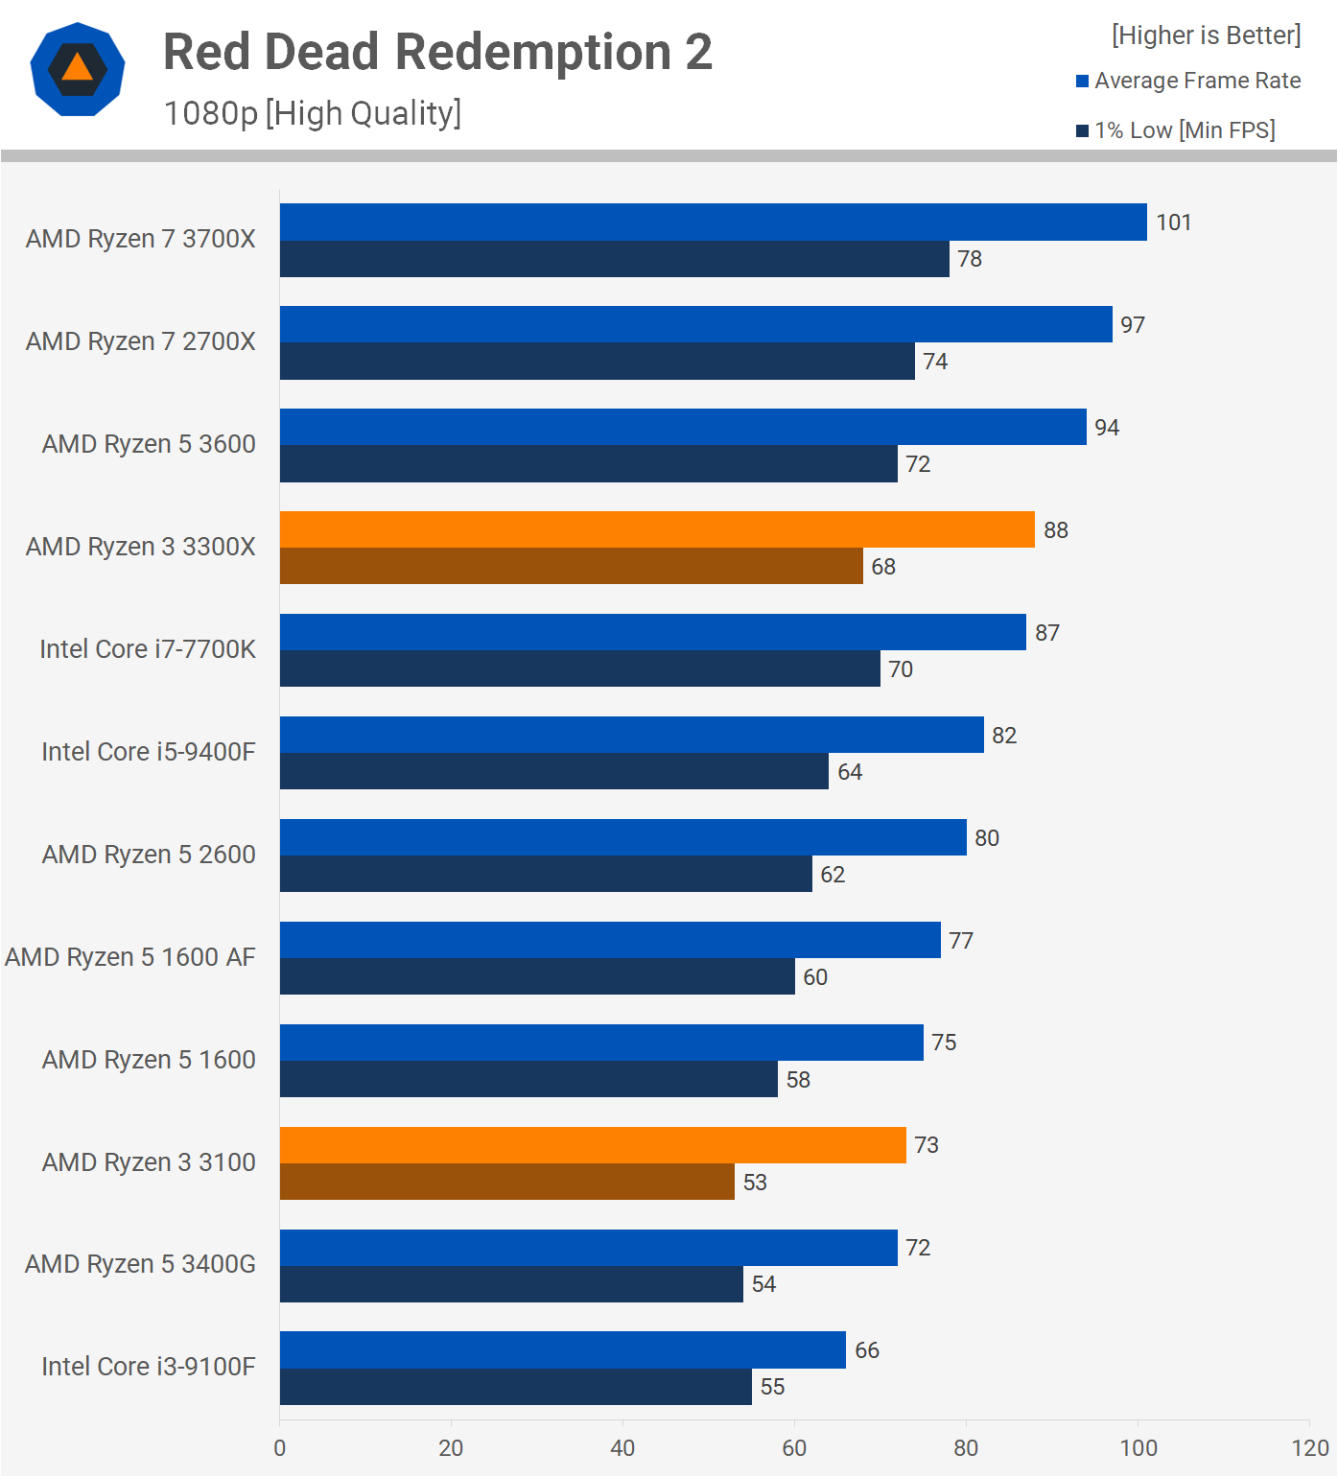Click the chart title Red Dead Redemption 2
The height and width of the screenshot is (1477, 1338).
click(437, 52)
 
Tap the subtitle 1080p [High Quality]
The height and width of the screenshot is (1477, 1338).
click(313, 113)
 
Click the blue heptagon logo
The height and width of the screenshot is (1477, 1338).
click(78, 69)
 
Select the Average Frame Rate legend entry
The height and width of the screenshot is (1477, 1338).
click(1188, 81)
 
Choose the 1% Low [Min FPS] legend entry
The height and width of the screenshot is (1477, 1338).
click(1176, 130)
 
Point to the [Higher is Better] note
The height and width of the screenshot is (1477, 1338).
click(1206, 35)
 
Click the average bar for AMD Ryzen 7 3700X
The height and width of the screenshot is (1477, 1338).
click(713, 222)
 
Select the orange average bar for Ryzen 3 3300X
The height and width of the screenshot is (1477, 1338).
click(657, 529)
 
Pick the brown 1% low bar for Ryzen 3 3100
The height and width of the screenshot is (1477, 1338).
click(506, 1182)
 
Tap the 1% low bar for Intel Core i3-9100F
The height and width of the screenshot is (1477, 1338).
click(515, 1387)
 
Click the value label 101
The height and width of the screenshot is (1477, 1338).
click(1173, 223)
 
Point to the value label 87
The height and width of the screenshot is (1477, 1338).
click(1046, 633)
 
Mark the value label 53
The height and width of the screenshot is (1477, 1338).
click(755, 1183)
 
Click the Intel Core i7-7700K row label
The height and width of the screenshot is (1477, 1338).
click(148, 649)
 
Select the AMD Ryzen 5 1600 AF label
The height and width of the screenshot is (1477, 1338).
click(130, 957)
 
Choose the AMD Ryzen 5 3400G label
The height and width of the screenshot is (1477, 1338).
click(140, 1264)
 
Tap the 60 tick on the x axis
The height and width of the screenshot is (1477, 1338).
click(794, 1448)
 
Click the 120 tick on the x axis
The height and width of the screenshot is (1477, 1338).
click(1309, 1448)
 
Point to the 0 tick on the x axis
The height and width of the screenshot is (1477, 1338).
click(279, 1448)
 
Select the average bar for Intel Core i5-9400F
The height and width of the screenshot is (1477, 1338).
click(631, 735)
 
